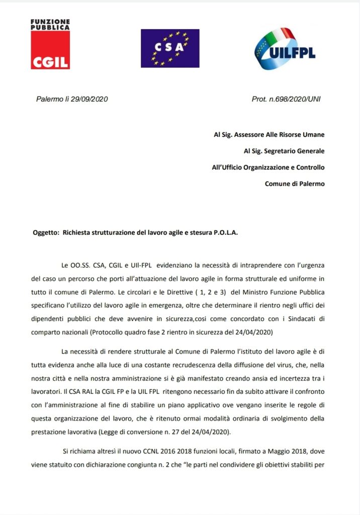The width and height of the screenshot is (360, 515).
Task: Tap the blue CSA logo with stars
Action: pyautogui.click(x=170, y=48)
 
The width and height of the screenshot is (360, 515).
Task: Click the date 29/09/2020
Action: pyautogui.click(x=89, y=99)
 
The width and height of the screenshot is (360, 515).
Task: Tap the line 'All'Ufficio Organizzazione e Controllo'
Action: pyautogui.click(x=268, y=167)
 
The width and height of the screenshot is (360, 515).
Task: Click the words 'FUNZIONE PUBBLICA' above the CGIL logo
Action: pyautogui.click(x=50, y=25)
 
